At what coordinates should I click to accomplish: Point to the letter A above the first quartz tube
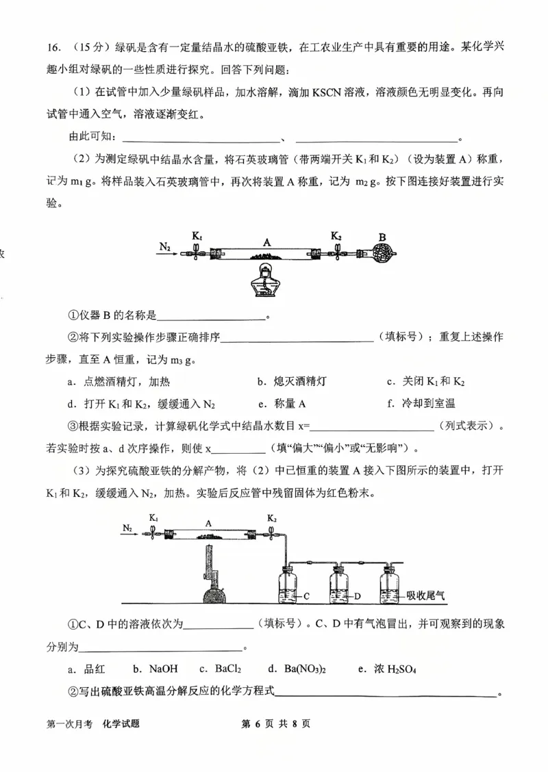coord(267,241)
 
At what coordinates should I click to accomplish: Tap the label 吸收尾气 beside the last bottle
coord(425,595)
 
